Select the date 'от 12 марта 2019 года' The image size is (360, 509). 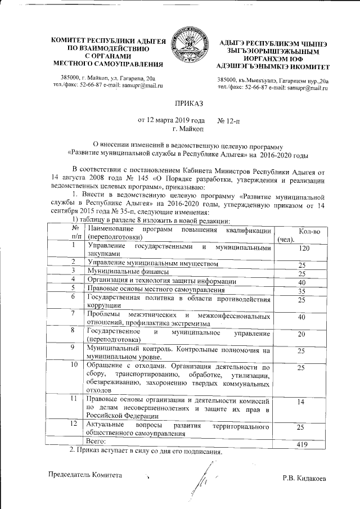tap(172, 120)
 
